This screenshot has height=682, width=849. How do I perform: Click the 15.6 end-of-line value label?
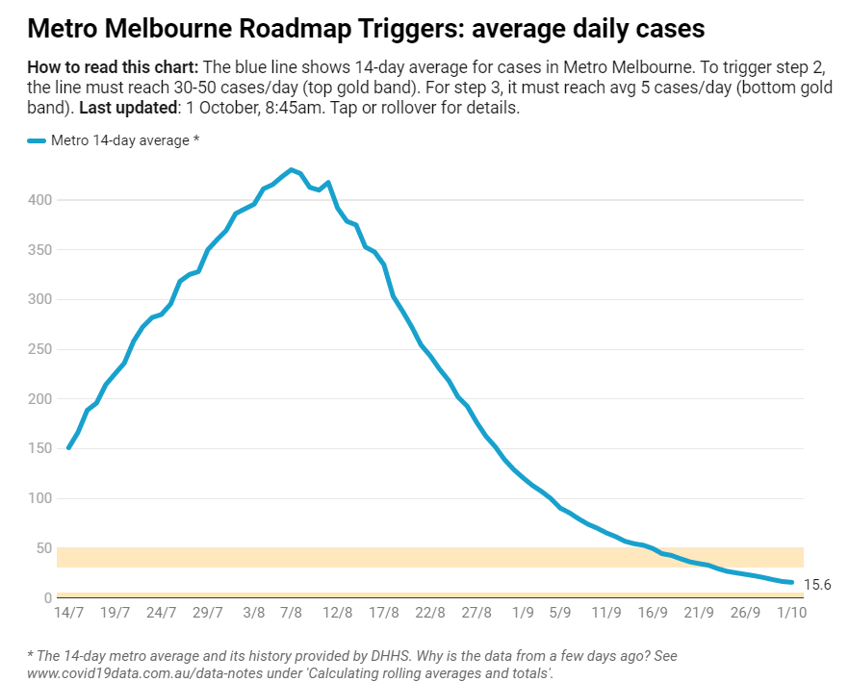click(817, 585)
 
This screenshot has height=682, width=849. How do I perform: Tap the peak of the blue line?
click(292, 169)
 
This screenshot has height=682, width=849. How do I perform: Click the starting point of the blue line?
click(68, 447)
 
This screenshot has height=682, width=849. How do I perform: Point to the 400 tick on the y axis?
click(40, 200)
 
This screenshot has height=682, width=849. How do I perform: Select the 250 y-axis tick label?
click(40, 349)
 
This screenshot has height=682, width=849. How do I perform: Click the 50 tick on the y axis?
click(44, 548)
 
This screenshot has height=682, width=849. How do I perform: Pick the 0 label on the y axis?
click(48, 598)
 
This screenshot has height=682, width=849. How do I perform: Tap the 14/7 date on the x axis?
click(69, 613)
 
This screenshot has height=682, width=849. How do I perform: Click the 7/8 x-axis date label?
click(292, 613)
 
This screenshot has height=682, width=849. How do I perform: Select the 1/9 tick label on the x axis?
click(523, 613)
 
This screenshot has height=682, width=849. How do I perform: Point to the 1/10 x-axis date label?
click(791, 613)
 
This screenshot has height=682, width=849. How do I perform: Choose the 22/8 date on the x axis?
click(430, 613)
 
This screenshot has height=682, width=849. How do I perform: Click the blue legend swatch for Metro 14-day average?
click(37, 141)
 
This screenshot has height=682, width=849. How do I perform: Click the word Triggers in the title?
click(410, 29)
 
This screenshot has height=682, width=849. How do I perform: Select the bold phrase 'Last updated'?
click(128, 108)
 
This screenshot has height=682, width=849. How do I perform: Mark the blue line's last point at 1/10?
click(791, 582)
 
